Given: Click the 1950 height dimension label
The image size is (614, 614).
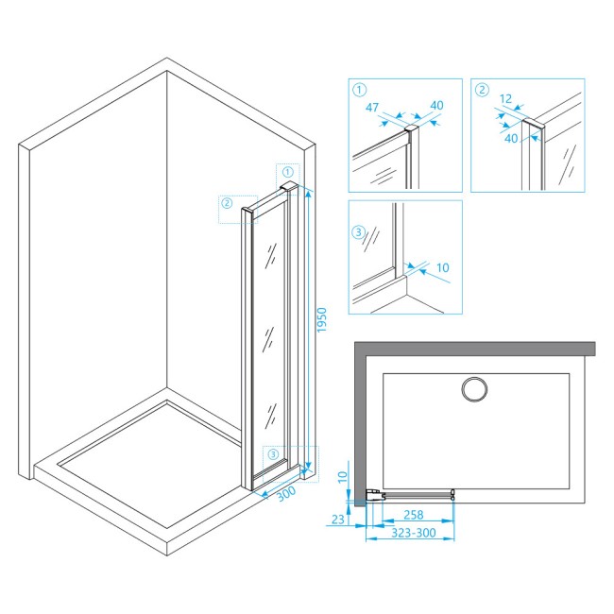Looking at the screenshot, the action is tap(321, 320).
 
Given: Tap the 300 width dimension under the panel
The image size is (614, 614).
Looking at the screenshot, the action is tap(286, 494).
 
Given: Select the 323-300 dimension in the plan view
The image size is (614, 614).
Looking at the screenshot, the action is tap(414, 533).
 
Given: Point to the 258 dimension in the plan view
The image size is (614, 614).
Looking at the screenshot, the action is tap(414, 515).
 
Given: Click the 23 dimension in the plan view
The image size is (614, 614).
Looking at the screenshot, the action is tap(338, 520).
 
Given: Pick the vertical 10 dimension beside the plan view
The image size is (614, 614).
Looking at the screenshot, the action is tap(343, 477).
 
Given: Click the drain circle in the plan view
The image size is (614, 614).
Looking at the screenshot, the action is tap(474, 389).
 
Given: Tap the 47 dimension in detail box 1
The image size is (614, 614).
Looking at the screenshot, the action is tap(372, 107).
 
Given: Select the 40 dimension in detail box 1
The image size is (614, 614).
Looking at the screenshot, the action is tap(436, 105).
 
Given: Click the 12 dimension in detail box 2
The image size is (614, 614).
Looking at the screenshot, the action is tap(506, 98).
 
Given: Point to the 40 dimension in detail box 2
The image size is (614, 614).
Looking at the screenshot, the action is tap(511, 138).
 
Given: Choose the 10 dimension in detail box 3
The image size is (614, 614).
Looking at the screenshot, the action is tap(442, 268).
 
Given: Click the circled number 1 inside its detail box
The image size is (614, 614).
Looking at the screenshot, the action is tap(359, 90).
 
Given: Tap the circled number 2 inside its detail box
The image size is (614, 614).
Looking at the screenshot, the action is tap(482, 90).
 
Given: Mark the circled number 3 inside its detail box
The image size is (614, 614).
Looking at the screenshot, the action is tap(358, 232).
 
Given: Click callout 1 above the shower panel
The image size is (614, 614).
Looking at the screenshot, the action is tap(288, 172).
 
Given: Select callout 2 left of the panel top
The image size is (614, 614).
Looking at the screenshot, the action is tap(227, 203).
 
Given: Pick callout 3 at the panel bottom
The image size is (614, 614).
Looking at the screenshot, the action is tap(273, 454).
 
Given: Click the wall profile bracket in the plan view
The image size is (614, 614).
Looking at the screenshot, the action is tap(375, 495).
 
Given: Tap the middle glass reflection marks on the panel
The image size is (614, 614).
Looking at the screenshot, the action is tap(268, 338).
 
